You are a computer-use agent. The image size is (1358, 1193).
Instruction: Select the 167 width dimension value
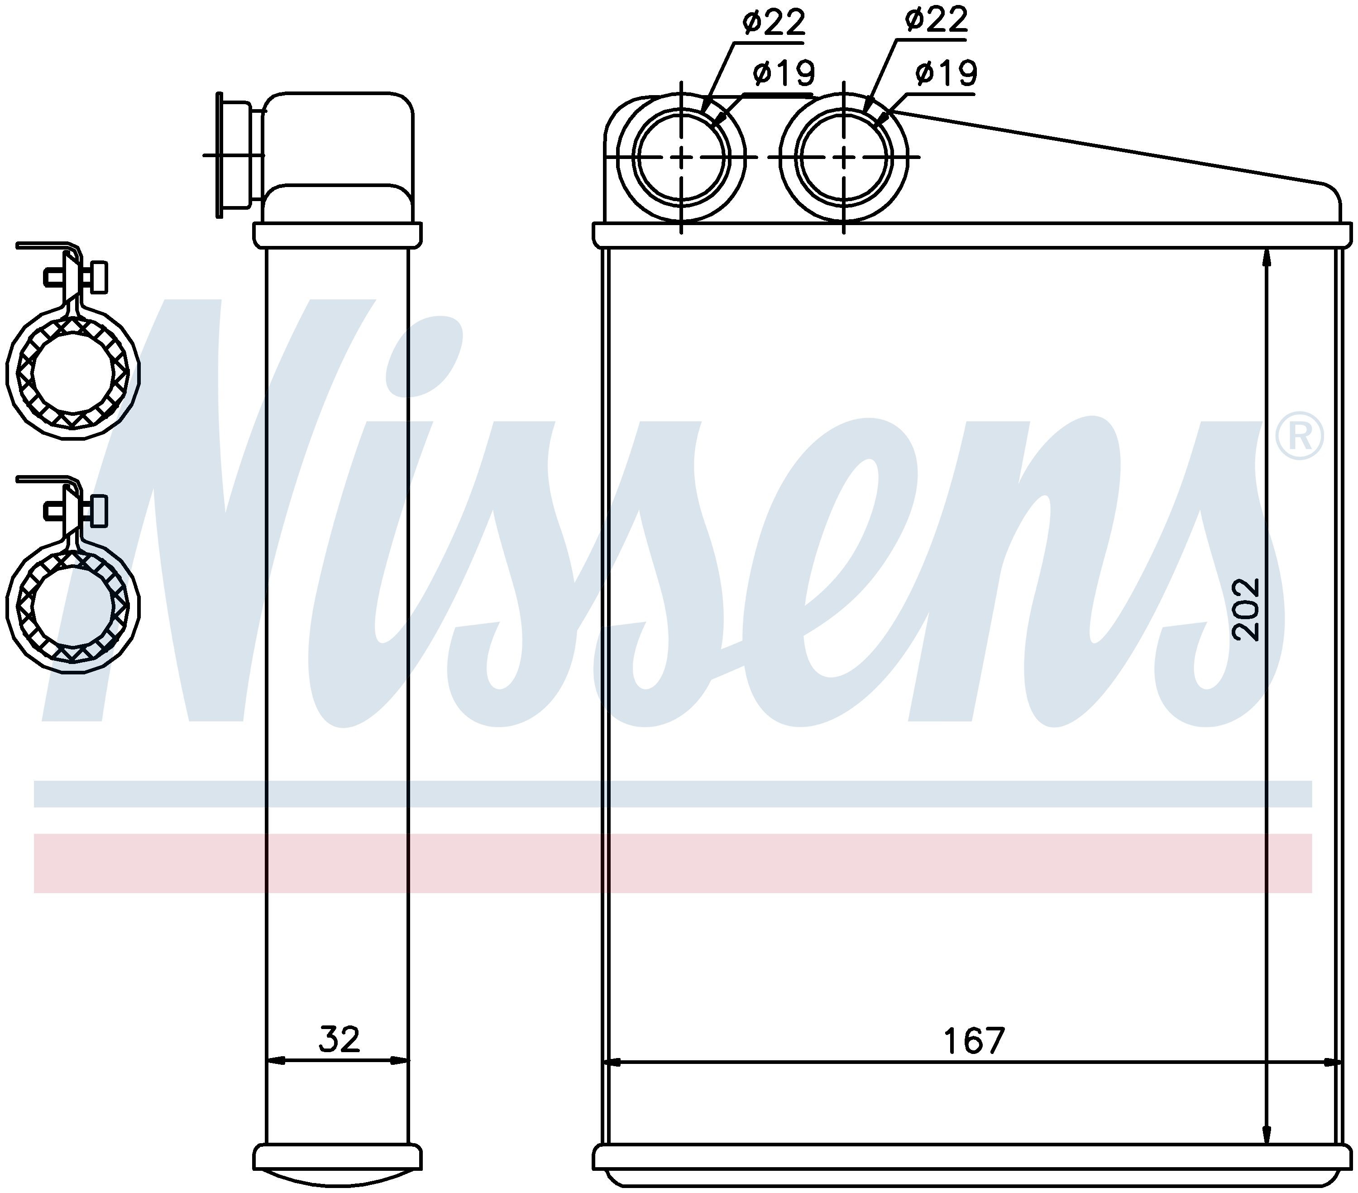(974, 1041)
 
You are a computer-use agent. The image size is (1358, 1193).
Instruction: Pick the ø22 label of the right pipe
(936, 20)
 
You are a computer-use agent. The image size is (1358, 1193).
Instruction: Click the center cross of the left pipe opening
(682, 158)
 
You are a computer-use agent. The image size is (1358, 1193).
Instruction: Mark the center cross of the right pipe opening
(844, 158)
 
